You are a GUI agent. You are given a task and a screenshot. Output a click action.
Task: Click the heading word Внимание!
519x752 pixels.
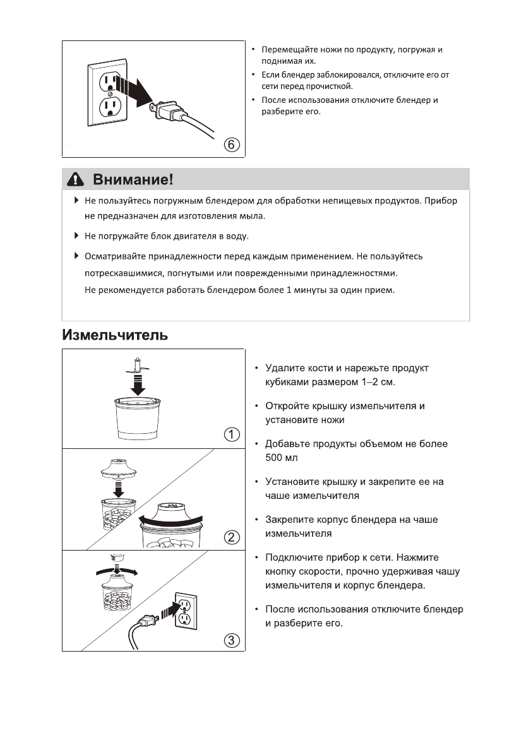133,180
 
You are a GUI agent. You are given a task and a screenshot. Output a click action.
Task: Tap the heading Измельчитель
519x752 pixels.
115,335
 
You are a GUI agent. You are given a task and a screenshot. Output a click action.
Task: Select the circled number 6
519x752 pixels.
232,145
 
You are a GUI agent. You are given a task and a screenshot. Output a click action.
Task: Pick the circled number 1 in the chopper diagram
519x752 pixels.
232,434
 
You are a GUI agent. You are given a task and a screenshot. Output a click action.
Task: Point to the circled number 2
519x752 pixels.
232,537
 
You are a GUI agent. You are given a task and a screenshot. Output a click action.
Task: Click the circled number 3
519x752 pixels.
232,640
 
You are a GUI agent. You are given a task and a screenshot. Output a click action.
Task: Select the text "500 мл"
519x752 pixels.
282,457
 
